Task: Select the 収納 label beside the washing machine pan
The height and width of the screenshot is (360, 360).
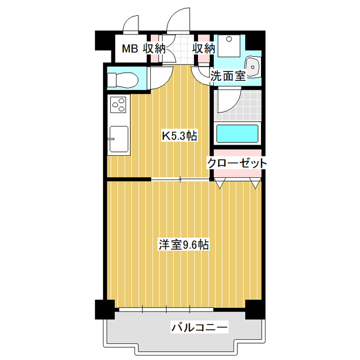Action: pyautogui.click(x=204, y=48)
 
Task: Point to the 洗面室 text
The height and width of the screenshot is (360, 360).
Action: pyautogui.click(x=228, y=76)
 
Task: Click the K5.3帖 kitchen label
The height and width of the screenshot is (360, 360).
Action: pyautogui.click(x=179, y=136)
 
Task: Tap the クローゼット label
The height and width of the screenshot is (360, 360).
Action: pyautogui.click(x=237, y=163)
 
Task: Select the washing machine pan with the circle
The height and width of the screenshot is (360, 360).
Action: pyautogui.click(x=228, y=45)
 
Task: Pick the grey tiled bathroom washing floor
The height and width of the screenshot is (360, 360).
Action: pyautogui.click(x=247, y=104)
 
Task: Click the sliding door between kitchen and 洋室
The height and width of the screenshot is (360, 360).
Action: pyautogui.click(x=180, y=179)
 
